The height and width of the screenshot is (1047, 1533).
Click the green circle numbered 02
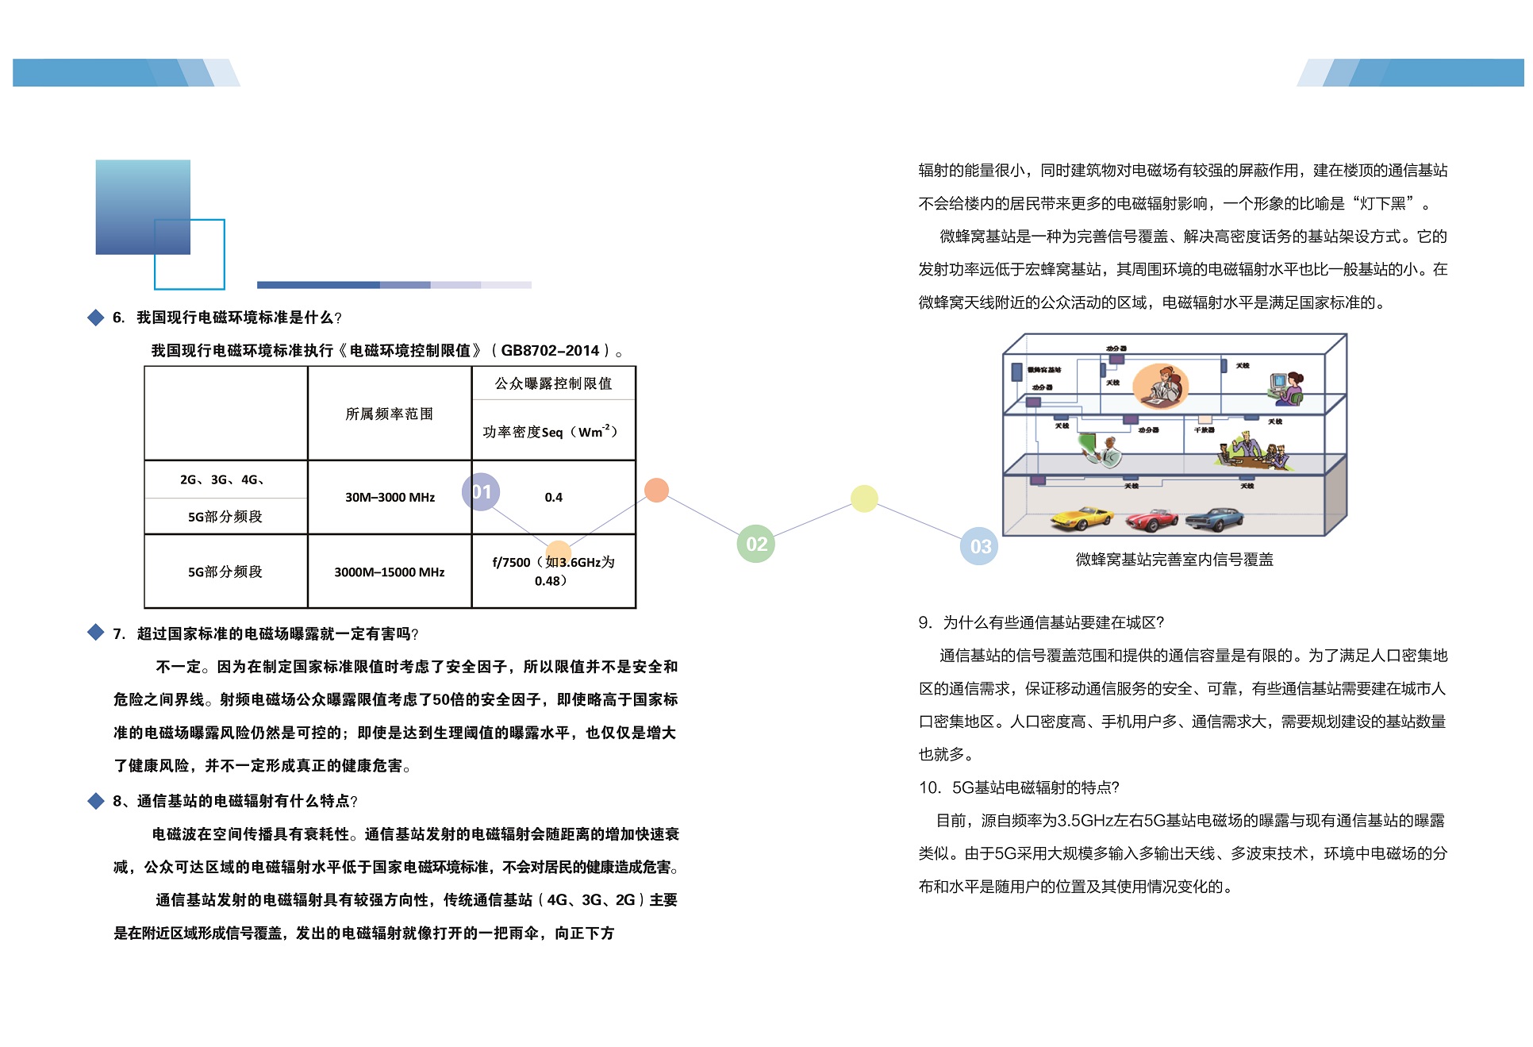[x=755, y=544]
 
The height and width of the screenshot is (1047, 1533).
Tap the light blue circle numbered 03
[x=979, y=546]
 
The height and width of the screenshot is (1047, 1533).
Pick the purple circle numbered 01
[x=481, y=492]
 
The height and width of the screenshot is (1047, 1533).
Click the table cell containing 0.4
[x=553, y=498]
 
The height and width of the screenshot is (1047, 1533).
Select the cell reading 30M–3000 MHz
[x=390, y=498]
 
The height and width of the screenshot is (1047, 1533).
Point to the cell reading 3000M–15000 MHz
[x=389, y=572]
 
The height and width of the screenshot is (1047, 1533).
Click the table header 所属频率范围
[x=389, y=414]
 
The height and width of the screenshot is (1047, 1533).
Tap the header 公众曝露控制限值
[x=553, y=383]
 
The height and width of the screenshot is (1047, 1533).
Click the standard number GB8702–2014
[x=550, y=351]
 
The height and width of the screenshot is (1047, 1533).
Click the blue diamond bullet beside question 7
[x=96, y=633]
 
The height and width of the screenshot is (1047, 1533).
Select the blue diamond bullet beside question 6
[x=96, y=318]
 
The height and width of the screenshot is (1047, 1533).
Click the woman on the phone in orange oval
[x=1160, y=385]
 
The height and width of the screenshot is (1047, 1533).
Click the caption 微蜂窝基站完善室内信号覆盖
[x=1174, y=560]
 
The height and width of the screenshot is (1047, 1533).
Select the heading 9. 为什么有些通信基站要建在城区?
[x=1040, y=622]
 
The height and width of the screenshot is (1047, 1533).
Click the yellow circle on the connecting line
[x=864, y=498]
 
